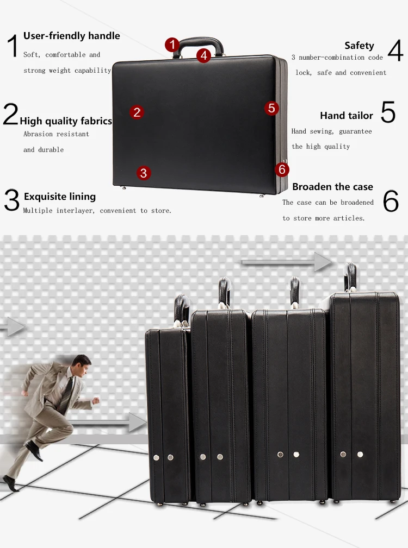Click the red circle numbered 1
click(172, 45)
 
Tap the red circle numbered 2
click(137, 112)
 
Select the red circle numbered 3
click(143, 173)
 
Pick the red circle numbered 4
click(203, 54)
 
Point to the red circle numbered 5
click(272, 108)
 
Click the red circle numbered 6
click(281, 169)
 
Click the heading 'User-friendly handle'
click(71, 36)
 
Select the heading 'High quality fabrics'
click(66, 121)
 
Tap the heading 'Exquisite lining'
click(59, 197)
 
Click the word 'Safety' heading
click(359, 46)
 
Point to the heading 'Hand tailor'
click(347, 116)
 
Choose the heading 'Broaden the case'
click(332, 187)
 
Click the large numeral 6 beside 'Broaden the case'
click(391, 201)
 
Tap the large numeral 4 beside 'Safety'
click(395, 51)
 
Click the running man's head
click(82, 362)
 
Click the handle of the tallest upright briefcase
click(350, 278)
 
